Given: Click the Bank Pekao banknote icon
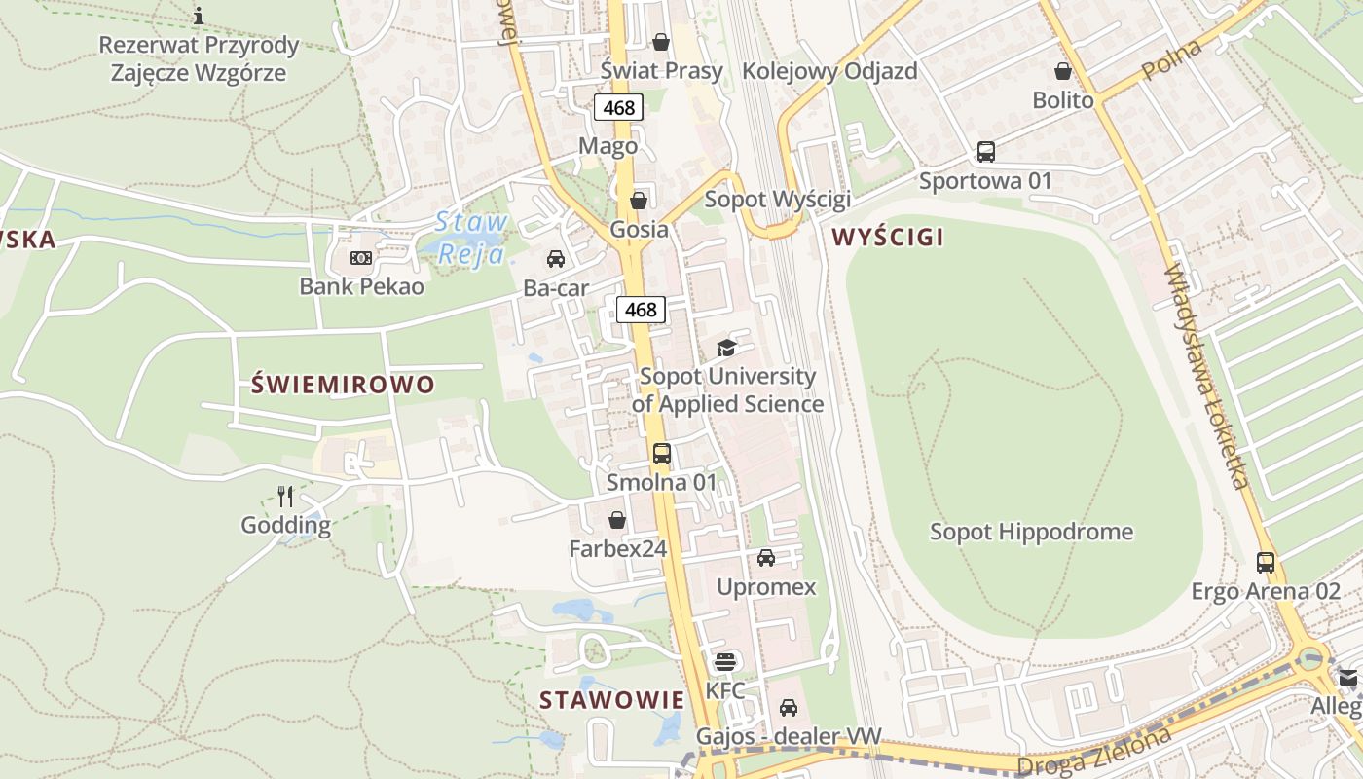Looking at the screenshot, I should tap(361, 258).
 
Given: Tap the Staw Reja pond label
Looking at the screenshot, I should tap(470, 238).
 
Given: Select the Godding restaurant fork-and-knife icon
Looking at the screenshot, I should tap(285, 497).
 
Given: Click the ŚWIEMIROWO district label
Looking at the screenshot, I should tap(343, 384).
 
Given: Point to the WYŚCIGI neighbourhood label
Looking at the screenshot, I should tap(888, 237).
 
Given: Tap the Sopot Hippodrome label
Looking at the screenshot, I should tap(1031, 532).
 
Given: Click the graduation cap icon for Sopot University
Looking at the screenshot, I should tap(726, 348).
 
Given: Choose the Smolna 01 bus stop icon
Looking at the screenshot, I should tap(662, 454).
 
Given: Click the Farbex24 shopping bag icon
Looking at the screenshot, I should tap(617, 520).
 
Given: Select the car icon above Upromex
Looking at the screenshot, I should tap(766, 558).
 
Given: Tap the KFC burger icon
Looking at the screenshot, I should tap(724, 662).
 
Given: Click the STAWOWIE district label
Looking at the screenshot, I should tap(611, 699).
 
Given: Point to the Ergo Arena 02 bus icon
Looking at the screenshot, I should tap(1266, 562).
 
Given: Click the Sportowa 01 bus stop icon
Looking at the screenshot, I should tap(986, 152).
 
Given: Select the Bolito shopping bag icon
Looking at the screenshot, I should tap(1063, 71).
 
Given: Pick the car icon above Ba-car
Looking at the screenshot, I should tap(556, 259).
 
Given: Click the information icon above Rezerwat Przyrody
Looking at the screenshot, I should tap(199, 16).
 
